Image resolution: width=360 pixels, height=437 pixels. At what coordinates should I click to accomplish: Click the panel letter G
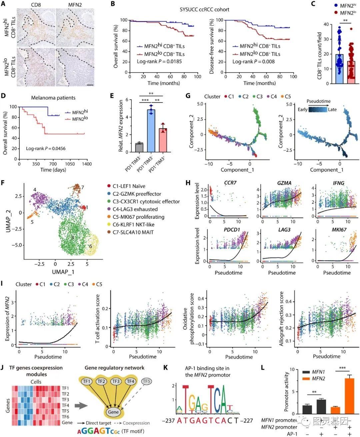click(x=188, y=96)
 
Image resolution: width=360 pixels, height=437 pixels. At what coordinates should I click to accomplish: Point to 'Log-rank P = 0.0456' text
click(x=46, y=148)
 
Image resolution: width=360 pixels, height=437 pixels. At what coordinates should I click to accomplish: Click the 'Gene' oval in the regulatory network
click(x=113, y=412)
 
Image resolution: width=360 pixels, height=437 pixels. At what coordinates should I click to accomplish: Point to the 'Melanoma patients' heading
click(x=53, y=98)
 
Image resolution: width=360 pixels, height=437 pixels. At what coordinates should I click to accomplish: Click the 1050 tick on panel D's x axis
click(x=70, y=164)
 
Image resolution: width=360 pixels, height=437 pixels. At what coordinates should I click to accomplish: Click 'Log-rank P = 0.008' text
click(x=253, y=61)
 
